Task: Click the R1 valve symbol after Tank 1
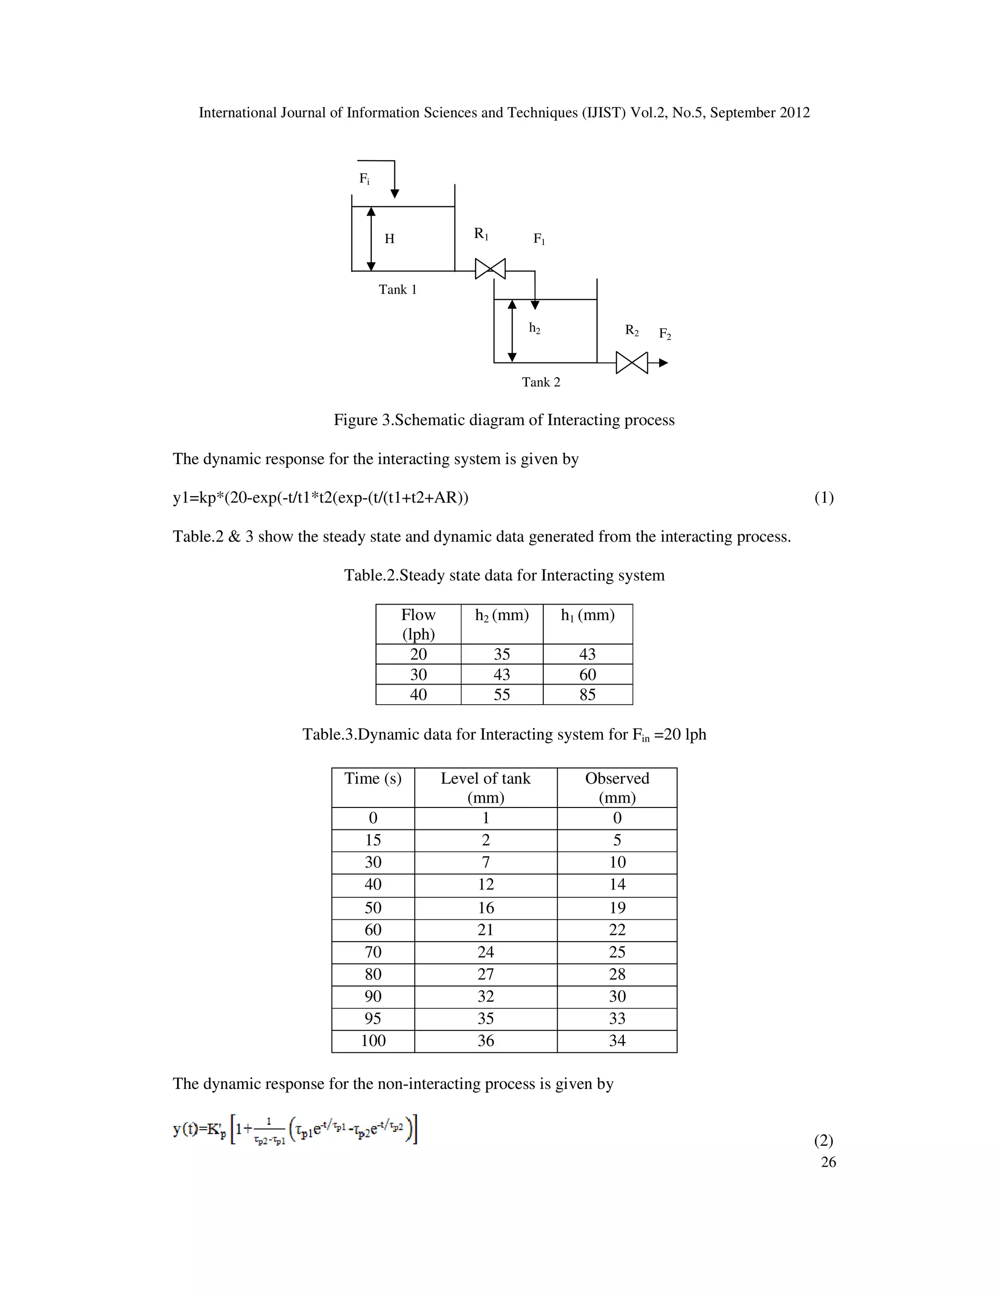pyautogui.click(x=490, y=269)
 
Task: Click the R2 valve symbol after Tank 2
pyautogui.click(x=632, y=363)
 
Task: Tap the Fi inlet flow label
pyautogui.click(x=364, y=179)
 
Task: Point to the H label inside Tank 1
pyautogui.click(x=389, y=239)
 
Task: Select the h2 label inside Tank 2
pyautogui.click(x=535, y=328)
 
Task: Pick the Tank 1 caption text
pyautogui.click(x=398, y=289)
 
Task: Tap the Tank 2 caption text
pyautogui.click(x=541, y=382)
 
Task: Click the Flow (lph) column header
pyautogui.click(x=419, y=624)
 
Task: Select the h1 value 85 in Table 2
pyautogui.click(x=588, y=694)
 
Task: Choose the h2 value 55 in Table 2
pyautogui.click(x=502, y=694)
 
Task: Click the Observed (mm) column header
pyautogui.click(x=617, y=788)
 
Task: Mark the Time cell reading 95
pyautogui.click(x=373, y=1018)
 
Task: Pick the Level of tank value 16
pyautogui.click(x=486, y=908)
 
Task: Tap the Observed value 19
pyautogui.click(x=617, y=908)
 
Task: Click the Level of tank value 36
pyautogui.click(x=486, y=1040)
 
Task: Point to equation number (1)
pyautogui.click(x=824, y=497)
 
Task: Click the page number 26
pyautogui.click(x=828, y=1162)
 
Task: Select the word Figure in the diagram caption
pyautogui.click(x=356, y=420)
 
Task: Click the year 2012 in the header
pyautogui.click(x=794, y=113)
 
